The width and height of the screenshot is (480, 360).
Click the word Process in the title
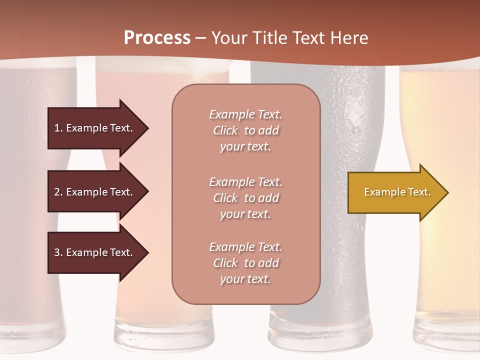(x=157, y=38)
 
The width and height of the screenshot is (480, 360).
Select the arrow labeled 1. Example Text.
(x=95, y=128)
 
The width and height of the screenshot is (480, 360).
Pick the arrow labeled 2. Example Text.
(x=95, y=192)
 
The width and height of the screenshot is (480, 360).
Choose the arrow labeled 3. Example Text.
(x=95, y=252)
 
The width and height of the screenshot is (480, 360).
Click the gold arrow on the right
(x=395, y=192)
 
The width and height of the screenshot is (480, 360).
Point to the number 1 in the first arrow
(x=57, y=128)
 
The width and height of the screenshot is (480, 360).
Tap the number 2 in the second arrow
(x=57, y=192)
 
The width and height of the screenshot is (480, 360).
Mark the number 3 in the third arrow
(x=57, y=252)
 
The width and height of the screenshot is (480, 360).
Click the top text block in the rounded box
(x=245, y=130)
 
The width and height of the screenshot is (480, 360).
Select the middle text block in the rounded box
(x=245, y=198)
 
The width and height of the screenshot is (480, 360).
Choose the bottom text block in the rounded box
(x=245, y=263)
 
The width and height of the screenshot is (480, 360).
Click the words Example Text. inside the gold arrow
(x=397, y=192)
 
